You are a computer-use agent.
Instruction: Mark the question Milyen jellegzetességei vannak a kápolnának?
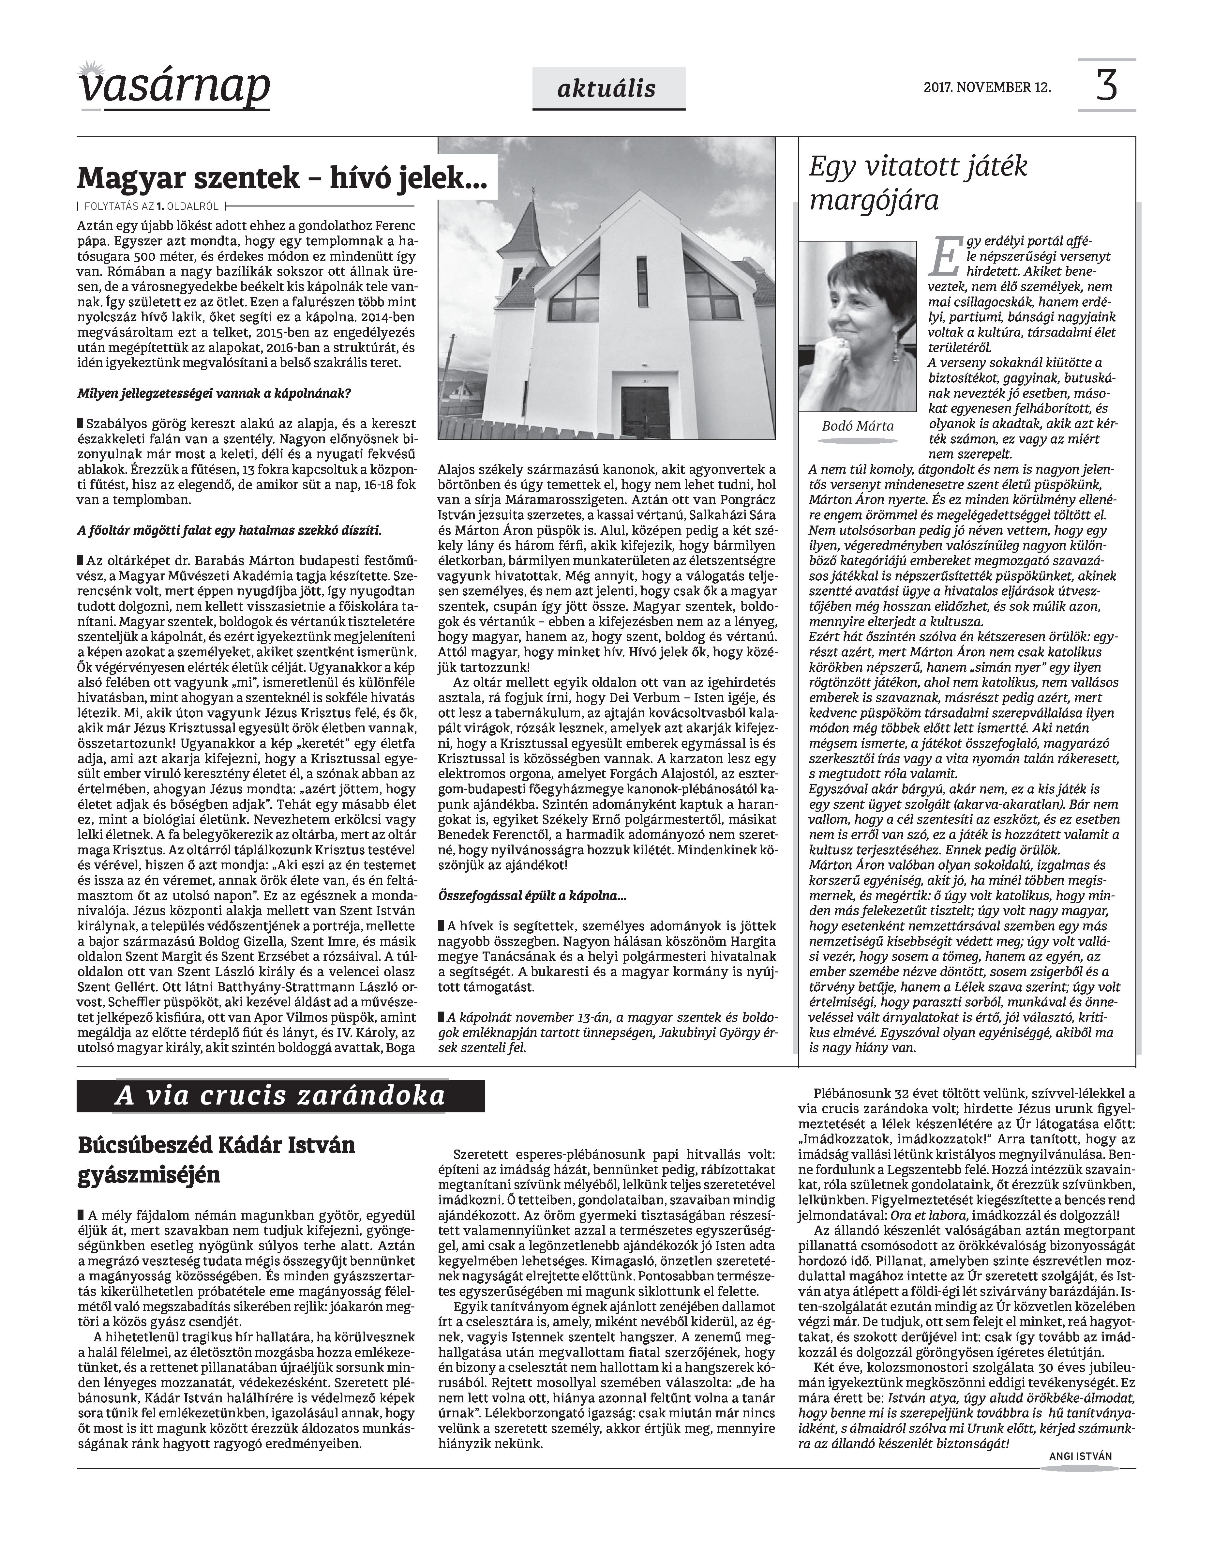[x=214, y=393]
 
